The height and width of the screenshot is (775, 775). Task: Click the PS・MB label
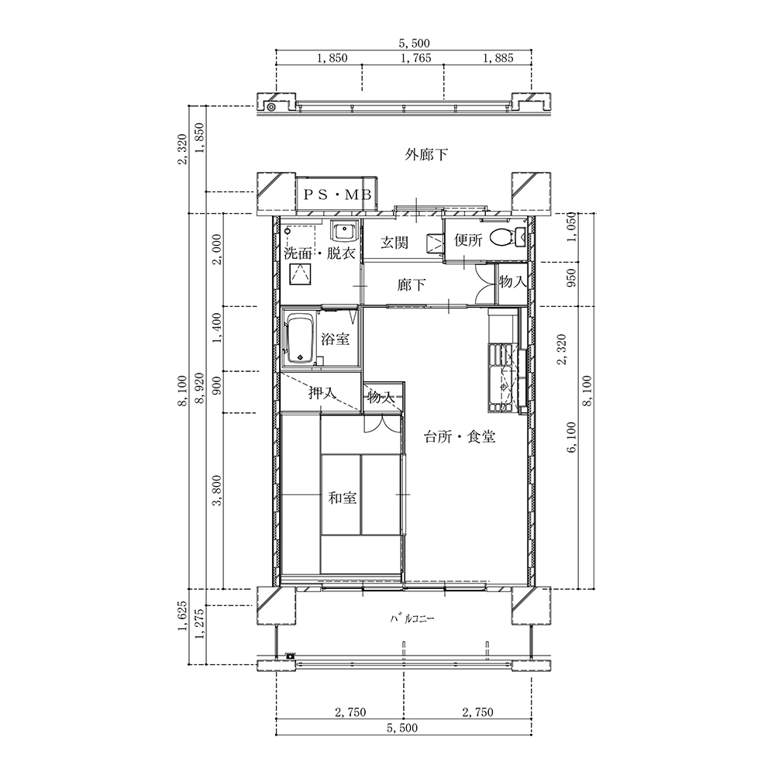[336, 195]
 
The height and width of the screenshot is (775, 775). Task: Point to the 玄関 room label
[394, 242]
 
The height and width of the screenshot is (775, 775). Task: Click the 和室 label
[343, 498]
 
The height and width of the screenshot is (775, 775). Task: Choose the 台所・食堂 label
[460, 437]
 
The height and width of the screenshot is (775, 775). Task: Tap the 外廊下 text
[426, 155]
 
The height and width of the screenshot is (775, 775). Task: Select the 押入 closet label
[322, 394]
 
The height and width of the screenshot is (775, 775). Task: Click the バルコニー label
[412, 618]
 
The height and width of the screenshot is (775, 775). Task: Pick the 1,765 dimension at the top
[415, 58]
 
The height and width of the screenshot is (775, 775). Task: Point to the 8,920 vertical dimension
[200, 388]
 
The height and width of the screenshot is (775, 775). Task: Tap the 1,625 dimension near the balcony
[184, 616]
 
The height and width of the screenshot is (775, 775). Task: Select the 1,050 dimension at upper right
[572, 227]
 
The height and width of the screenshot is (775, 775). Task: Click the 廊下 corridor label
[412, 285]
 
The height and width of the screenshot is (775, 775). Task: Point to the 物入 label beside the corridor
[512, 282]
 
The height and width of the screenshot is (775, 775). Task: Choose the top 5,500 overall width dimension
[414, 43]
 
